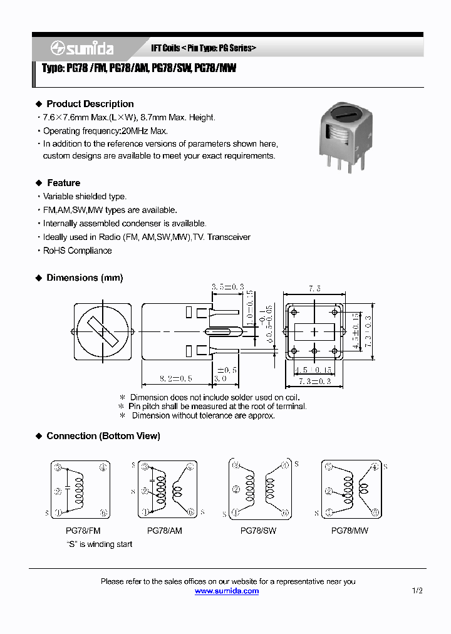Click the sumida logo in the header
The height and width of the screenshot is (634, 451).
(x=82, y=48)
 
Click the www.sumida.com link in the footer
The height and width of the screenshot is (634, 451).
(x=226, y=591)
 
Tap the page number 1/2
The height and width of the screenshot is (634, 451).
(x=417, y=591)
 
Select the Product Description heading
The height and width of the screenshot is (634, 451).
(x=90, y=104)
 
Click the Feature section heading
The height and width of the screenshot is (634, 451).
(x=63, y=183)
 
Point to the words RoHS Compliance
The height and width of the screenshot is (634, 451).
(x=77, y=251)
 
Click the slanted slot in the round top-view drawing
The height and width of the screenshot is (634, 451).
(x=101, y=330)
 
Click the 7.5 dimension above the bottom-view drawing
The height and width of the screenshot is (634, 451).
(x=314, y=289)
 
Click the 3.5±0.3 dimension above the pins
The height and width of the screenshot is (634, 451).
(x=228, y=286)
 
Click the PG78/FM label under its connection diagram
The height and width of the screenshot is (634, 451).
(x=83, y=531)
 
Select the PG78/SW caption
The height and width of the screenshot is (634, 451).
(x=258, y=531)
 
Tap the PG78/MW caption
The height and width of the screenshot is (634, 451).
(x=350, y=531)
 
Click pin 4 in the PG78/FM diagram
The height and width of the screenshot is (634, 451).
(x=103, y=467)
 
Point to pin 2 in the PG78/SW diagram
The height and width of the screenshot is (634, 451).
(x=236, y=489)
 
